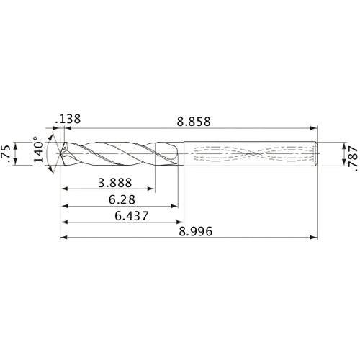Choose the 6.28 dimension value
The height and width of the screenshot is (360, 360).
pos(120,197)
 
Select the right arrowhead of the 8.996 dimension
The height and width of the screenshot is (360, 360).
pos(315,237)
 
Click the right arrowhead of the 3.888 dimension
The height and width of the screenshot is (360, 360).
pos(153,190)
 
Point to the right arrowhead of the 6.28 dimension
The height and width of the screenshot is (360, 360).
pos(175,206)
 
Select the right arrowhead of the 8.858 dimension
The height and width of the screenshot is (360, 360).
pos(315,130)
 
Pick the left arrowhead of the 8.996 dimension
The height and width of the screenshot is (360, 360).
pos(63,237)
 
